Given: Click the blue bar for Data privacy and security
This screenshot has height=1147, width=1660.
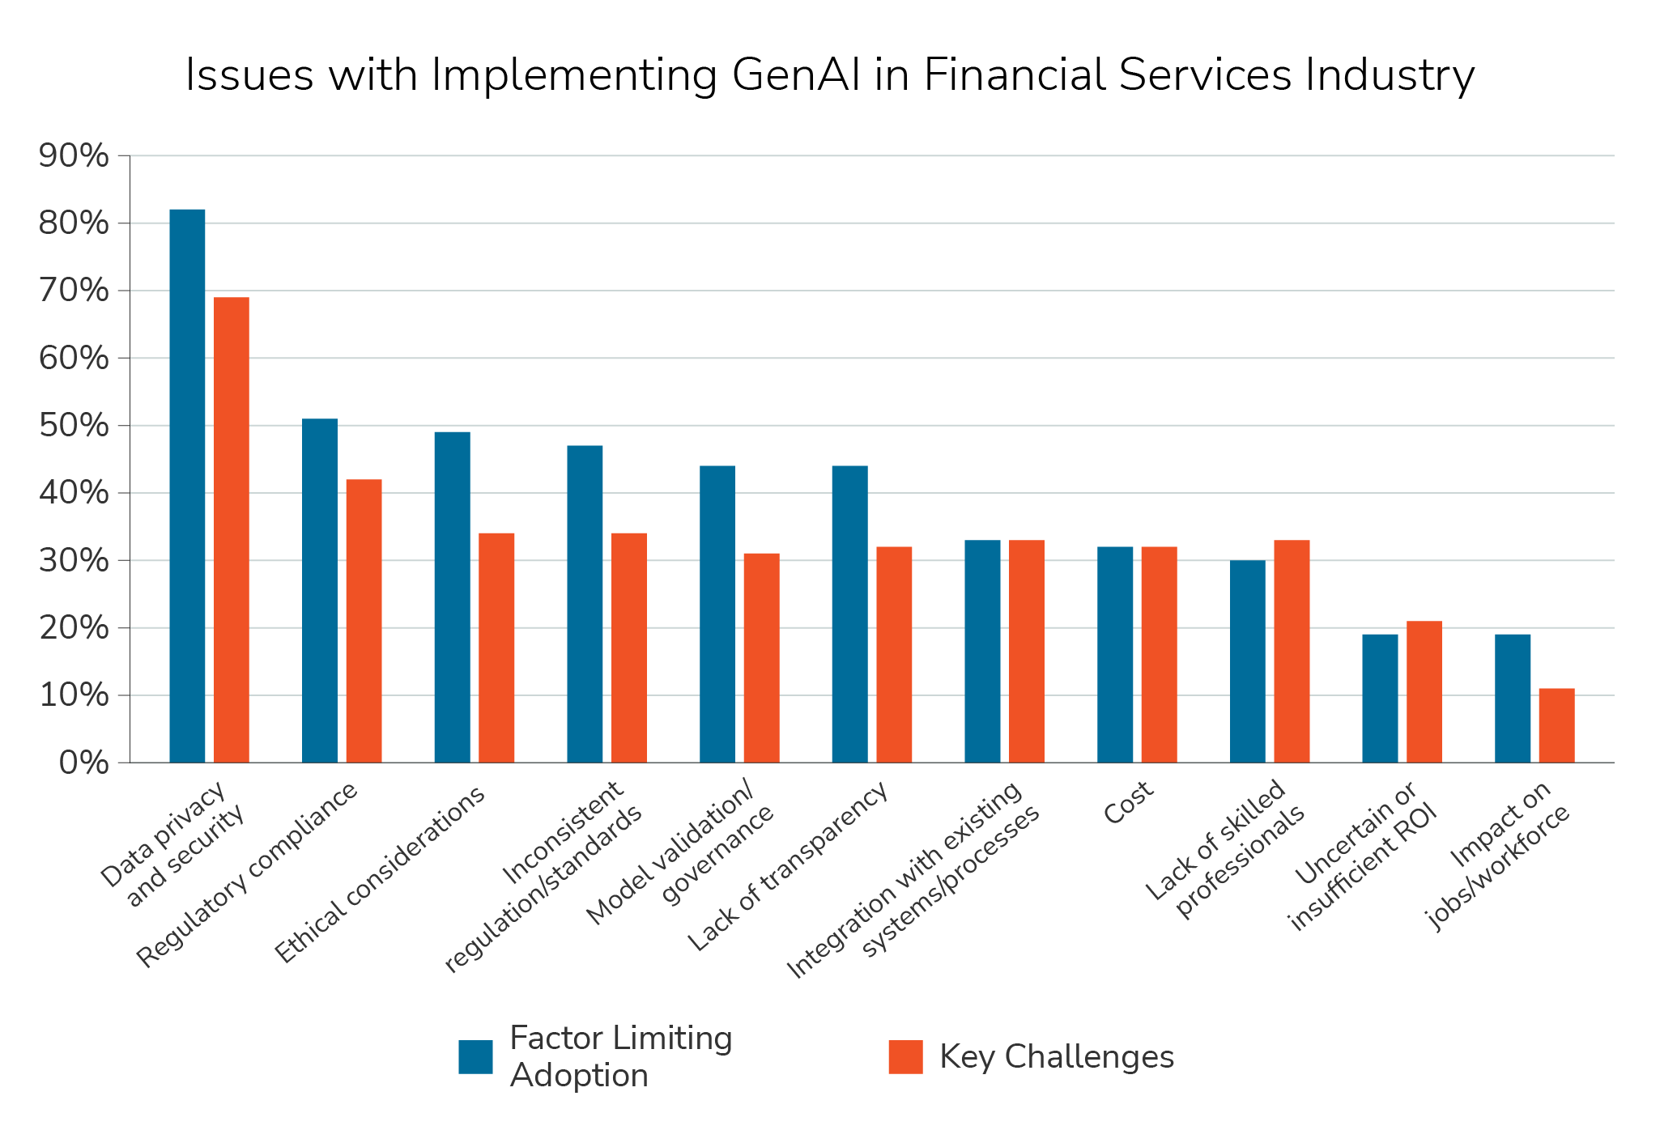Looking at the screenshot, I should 187,486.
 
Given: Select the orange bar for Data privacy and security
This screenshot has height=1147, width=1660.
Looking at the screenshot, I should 232,530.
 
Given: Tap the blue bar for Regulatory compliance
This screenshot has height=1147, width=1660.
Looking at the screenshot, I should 320,591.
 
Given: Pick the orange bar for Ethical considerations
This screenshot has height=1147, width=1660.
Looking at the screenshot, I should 496,648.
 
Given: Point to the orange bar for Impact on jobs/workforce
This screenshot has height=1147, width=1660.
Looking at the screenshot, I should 1556,726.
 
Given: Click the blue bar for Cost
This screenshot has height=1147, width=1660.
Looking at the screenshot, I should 1115,654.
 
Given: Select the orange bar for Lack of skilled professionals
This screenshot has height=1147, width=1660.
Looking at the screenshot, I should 1292,652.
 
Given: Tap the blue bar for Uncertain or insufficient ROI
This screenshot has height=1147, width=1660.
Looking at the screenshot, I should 1380,699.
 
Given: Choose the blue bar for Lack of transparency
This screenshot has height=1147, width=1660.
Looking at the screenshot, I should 849,614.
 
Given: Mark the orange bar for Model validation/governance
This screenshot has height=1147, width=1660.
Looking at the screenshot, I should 761,658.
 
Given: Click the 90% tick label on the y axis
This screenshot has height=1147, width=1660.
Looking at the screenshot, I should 74,156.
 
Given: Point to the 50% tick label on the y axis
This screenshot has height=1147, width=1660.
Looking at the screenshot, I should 74,426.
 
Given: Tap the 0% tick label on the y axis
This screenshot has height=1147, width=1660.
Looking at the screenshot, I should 83,763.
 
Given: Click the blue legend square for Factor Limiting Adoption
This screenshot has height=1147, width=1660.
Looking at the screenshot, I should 475,1056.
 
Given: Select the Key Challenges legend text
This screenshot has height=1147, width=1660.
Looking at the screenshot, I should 1056,1057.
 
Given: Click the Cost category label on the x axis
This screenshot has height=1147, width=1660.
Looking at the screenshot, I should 1127,803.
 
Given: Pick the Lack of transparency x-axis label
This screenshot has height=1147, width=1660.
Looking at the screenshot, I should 787,867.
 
